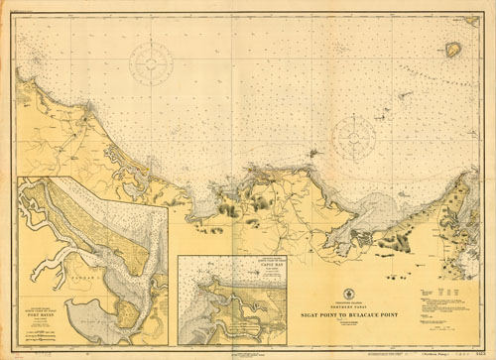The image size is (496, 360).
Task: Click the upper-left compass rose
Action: [x=152, y=62]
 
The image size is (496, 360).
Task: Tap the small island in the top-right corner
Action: [x=453, y=49]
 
